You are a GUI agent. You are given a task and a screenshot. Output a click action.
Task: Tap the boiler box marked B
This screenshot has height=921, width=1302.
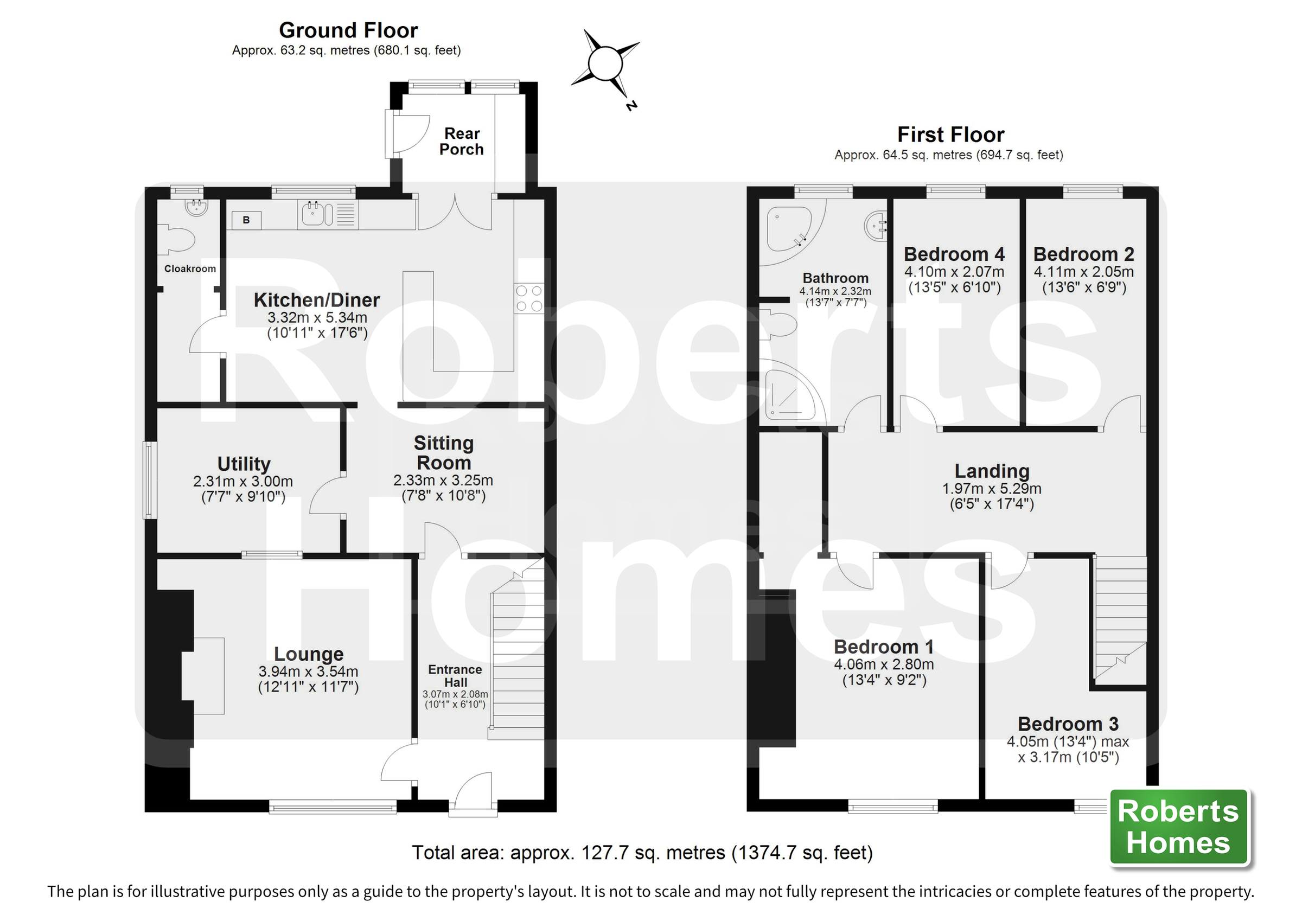(246, 220)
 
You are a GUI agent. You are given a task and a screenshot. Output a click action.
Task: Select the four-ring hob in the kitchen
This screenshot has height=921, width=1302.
(528, 298)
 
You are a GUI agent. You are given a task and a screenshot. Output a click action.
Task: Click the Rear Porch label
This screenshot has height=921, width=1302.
(462, 141)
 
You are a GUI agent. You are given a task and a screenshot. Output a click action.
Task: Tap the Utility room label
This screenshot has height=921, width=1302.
(244, 463)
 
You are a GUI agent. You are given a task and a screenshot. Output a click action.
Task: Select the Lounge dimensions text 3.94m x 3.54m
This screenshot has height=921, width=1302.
(308, 671)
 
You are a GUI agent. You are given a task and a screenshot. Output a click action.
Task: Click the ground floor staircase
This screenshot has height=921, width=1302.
(517, 652)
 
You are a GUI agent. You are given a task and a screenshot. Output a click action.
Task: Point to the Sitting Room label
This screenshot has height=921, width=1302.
(443, 452)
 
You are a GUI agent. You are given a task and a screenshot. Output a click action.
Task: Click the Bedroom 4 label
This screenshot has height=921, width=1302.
(954, 253)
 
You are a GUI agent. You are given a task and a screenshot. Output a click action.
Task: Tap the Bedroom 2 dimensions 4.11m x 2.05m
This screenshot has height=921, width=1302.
(1083, 272)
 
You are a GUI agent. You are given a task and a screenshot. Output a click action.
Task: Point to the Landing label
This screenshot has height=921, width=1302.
(992, 471)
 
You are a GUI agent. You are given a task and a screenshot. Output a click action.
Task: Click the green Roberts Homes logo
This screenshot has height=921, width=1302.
(1178, 827)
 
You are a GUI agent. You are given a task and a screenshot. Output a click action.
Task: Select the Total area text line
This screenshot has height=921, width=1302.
(642, 852)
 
